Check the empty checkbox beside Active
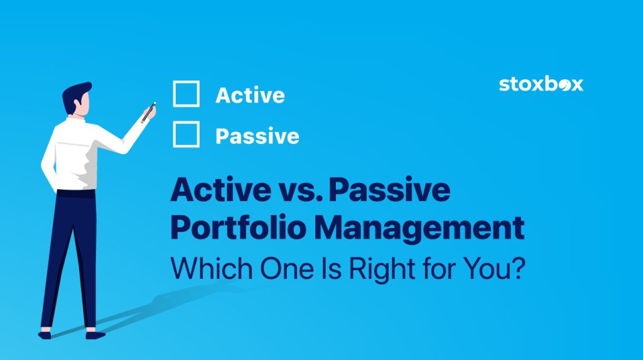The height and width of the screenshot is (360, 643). pos(186,94)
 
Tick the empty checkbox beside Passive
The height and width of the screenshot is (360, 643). pos(186,134)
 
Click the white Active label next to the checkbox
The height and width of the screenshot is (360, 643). pos(250,95)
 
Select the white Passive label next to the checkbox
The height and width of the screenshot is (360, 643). pos(257,136)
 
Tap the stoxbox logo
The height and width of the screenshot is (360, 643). pos(541,84)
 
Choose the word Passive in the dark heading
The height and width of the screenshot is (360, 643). pos(389,191)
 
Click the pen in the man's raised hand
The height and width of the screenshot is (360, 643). pos(149,112)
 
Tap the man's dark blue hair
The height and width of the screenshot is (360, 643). pos(74,94)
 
